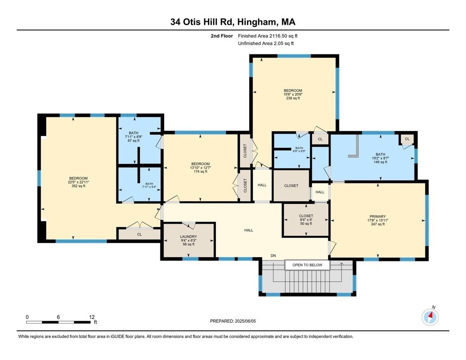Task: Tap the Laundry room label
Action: pyautogui.click(x=188, y=237)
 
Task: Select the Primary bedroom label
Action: pyautogui.click(x=377, y=216)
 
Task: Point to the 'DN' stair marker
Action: pyautogui.click(x=273, y=256)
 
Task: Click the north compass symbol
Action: pyautogui.click(x=430, y=317)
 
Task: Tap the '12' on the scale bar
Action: pyautogui.click(x=92, y=317)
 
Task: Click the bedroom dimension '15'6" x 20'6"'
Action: pyautogui.click(x=293, y=94)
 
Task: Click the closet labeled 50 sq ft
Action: pyautogui.click(x=306, y=219)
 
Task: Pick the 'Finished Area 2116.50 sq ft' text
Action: pyautogui.click(x=268, y=36)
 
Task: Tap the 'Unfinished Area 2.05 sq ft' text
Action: pyautogui.click(x=266, y=43)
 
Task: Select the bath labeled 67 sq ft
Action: pyautogui.click(x=134, y=137)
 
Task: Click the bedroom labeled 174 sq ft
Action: pyautogui.click(x=200, y=167)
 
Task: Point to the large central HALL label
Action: pyautogui.click(x=249, y=230)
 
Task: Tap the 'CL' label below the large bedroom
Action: pyautogui.click(x=139, y=235)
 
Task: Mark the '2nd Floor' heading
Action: pyautogui.click(x=222, y=36)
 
